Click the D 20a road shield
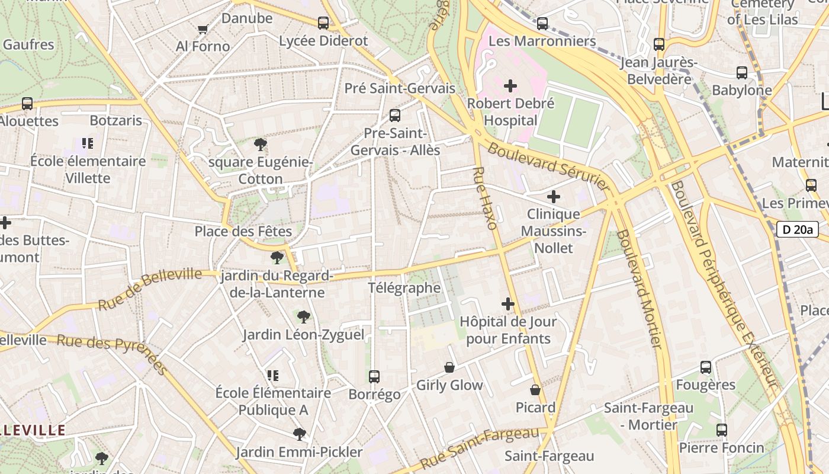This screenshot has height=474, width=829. point(797,229)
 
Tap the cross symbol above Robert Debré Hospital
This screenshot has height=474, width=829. point(510,87)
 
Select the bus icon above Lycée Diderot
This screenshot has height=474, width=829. point(323,23)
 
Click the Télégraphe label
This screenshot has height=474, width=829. point(404,288)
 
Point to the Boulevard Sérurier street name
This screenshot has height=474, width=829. point(548,167)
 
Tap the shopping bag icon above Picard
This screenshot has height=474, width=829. point(535,390)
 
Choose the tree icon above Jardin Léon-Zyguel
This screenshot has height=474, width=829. point(303,317)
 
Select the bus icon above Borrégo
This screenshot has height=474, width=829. point(374,376)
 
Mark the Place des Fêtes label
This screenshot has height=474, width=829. point(243,231)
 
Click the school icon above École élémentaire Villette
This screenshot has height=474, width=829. point(88,143)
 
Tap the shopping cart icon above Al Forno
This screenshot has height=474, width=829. point(203,28)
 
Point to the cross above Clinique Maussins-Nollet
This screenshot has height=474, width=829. point(553,197)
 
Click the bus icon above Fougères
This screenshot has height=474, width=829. point(705,367)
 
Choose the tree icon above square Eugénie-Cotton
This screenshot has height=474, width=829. point(260,145)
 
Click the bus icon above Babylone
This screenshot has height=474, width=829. point(741,73)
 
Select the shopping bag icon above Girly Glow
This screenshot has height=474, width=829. point(449,367)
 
